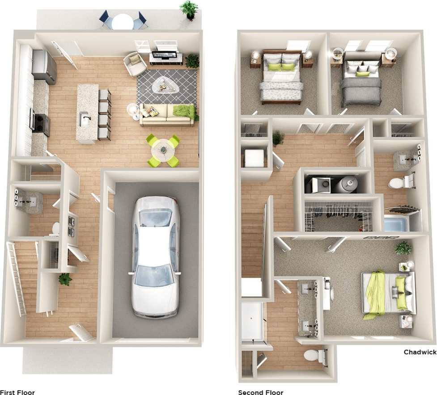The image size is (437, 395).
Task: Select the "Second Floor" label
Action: coord(260,392)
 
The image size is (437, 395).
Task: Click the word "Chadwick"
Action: coord(420,352)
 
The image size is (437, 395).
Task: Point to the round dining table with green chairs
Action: coord(164,151)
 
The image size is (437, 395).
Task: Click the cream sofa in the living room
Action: coord(166,114)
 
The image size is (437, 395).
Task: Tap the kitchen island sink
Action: coord(85,119)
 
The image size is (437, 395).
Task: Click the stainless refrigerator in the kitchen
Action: coord(44,67)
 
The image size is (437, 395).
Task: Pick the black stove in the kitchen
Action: coord(40,123)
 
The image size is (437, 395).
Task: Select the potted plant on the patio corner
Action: coord(189,9)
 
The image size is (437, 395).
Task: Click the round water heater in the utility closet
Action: coord(347,183)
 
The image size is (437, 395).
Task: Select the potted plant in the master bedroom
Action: coord(404,248)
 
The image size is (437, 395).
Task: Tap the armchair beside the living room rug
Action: coord(134,63)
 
